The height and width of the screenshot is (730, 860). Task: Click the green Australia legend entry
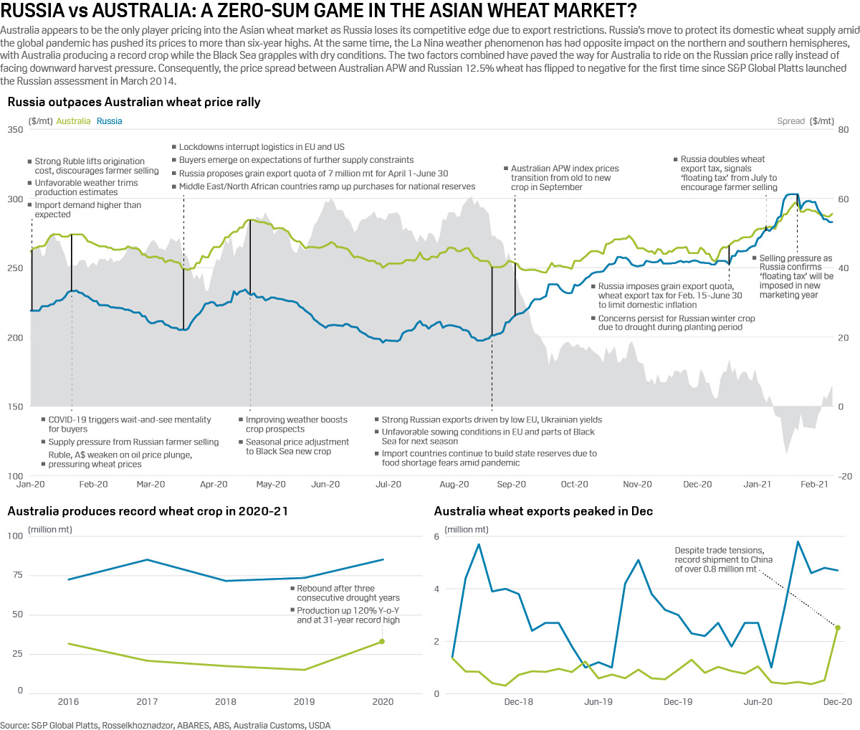pyautogui.click(x=73, y=121)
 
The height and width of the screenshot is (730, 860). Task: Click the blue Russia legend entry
pyautogui.click(x=109, y=121)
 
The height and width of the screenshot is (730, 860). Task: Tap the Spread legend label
pyautogui.click(x=790, y=121)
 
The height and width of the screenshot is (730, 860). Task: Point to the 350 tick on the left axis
pyautogui.click(x=14, y=130)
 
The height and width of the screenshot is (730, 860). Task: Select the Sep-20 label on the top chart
pyautogui.click(x=511, y=485)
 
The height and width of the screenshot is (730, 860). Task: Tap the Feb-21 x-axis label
pyautogui.click(x=814, y=485)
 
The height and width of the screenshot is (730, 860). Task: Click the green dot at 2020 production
pyautogui.click(x=382, y=642)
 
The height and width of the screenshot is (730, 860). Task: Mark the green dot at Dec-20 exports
pyautogui.click(x=838, y=627)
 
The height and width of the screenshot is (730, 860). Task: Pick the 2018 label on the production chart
pyautogui.click(x=226, y=702)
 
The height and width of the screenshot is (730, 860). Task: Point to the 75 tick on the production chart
pyautogui.click(x=15, y=575)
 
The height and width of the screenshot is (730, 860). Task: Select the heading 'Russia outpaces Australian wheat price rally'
pyautogui.click(x=134, y=102)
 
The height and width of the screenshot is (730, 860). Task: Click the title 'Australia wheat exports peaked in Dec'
pyautogui.click(x=543, y=511)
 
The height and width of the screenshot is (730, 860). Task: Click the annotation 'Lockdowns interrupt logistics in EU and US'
pyautogui.click(x=262, y=147)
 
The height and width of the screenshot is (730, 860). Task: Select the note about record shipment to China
pyautogui.click(x=719, y=560)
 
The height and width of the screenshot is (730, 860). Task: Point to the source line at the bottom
pyautogui.click(x=166, y=725)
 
